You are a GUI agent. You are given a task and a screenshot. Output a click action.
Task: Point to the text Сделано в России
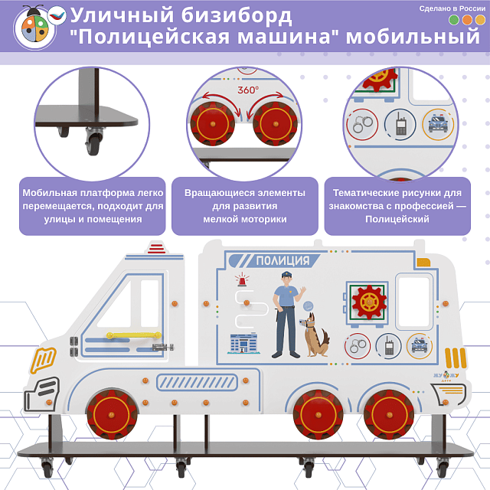tap(452, 8)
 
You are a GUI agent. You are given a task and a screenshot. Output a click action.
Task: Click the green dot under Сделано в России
tap(453, 20)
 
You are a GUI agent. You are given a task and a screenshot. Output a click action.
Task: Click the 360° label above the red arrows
tap(248, 90)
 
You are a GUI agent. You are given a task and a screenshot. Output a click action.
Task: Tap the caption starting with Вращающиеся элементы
tap(244, 192)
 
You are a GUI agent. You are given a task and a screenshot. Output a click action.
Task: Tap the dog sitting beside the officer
tap(315, 335)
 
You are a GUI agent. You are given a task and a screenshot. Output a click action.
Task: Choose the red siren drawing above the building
tap(243, 280)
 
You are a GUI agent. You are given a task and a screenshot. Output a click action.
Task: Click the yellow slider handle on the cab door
tap(122, 335)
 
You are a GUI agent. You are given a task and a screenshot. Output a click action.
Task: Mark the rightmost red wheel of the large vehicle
tap(388, 413)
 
